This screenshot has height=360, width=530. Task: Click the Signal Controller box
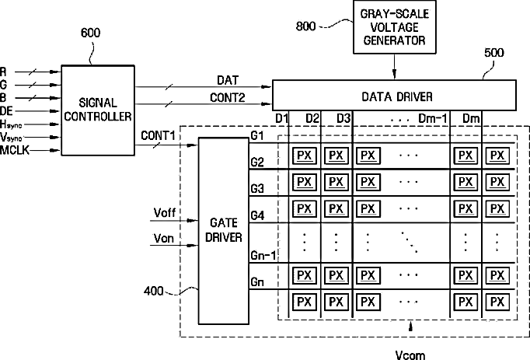(x=98, y=110)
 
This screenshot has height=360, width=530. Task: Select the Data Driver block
(x=394, y=96)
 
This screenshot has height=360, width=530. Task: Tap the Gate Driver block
(x=224, y=231)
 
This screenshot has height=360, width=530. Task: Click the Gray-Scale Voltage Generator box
(x=395, y=27)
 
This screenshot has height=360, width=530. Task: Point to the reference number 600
(x=91, y=33)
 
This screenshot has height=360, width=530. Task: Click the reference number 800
(x=306, y=26)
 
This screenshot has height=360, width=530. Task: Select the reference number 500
(x=493, y=53)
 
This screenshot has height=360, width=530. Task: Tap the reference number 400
(x=153, y=291)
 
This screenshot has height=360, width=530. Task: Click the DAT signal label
(x=228, y=80)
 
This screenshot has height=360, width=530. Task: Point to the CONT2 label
(x=227, y=97)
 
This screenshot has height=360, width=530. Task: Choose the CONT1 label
(x=158, y=135)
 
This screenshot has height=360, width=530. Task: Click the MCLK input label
(x=15, y=150)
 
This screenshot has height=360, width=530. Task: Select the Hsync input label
(x=11, y=125)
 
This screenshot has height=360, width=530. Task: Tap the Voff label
(x=165, y=213)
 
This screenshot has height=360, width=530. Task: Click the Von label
(x=164, y=238)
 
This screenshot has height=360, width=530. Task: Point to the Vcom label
(x=410, y=355)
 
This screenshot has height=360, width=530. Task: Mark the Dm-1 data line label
(x=433, y=118)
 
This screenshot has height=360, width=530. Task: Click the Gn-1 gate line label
(x=263, y=256)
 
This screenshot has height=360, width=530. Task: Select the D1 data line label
(x=281, y=118)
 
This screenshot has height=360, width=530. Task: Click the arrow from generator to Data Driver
(x=394, y=66)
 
